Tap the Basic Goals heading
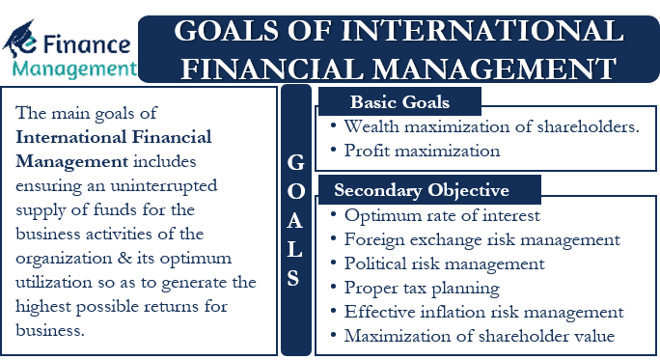399,102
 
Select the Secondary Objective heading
422,189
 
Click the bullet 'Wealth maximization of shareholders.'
491,126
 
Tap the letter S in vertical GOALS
295,279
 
